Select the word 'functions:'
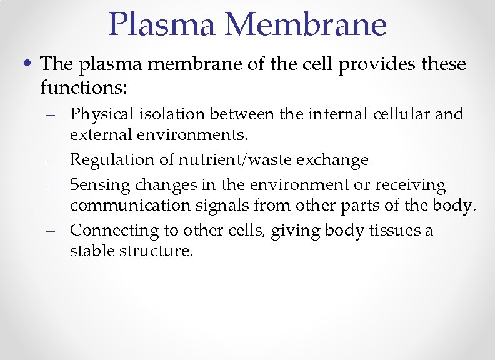point(84,87)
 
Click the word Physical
point(100,114)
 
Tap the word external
point(100,134)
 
